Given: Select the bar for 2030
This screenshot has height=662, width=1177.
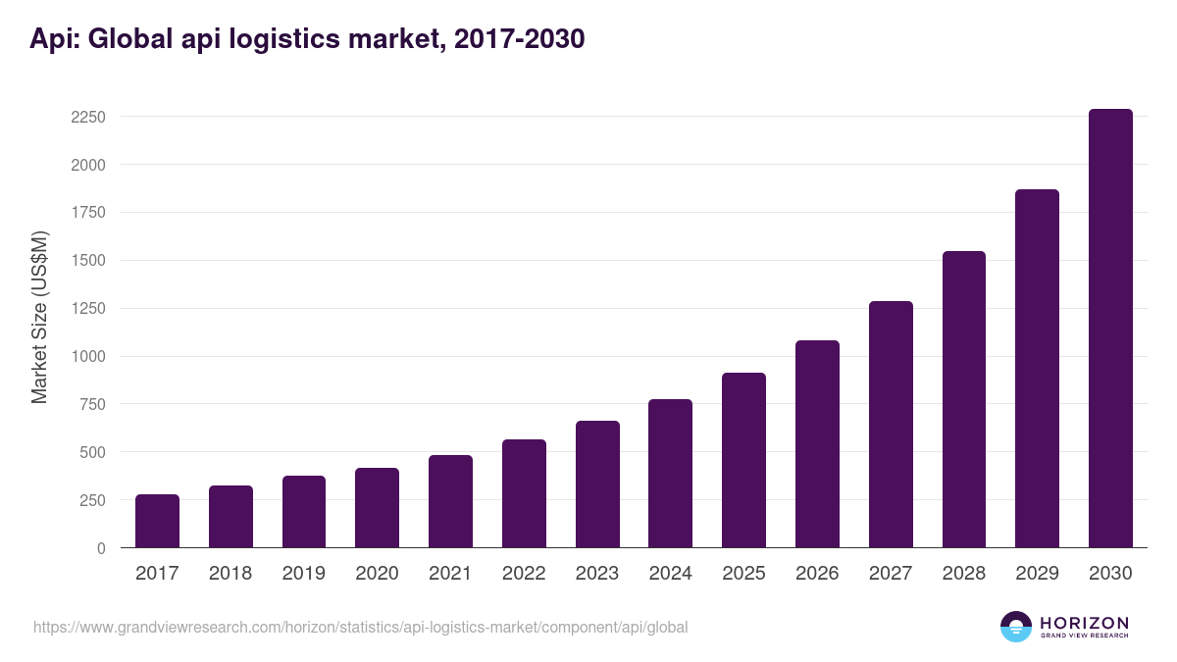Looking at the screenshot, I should click(1110, 329).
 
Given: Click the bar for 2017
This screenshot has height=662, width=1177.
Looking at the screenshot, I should click(157, 521).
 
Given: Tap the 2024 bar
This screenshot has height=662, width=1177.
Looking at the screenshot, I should click(670, 474).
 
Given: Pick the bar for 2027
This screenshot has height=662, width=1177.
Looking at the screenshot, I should click(891, 425).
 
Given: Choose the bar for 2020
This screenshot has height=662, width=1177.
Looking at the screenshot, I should click(377, 508).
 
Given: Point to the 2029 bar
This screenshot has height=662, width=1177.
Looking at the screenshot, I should click(1037, 369).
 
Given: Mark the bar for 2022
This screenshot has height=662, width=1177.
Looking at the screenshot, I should click(524, 493).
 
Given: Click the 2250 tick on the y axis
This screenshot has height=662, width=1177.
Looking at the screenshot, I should click(87, 117).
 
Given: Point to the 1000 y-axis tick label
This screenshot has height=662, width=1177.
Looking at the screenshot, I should click(87, 357).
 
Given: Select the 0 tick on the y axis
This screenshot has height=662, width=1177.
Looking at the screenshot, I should click(100, 548).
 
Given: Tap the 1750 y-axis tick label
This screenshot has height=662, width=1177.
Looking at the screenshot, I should click(87, 213).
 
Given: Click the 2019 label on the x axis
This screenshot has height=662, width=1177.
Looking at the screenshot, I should click(303, 574).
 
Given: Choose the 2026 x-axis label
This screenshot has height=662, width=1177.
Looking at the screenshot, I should click(817, 574).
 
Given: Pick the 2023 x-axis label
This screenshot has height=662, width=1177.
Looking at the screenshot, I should click(597, 574).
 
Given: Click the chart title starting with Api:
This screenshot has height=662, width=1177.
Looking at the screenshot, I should click(307, 39).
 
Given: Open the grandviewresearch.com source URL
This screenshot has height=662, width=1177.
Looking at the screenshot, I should click(360, 627).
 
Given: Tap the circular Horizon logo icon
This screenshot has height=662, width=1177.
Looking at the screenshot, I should click(1016, 627).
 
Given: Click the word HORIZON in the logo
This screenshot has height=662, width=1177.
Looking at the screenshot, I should click(1084, 623).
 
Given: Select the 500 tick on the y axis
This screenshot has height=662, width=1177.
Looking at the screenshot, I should click(92, 452).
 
